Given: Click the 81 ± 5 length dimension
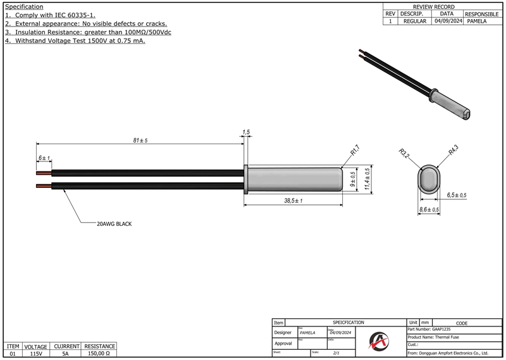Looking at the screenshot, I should [140, 140].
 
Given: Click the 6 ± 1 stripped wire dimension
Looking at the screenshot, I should [44, 157].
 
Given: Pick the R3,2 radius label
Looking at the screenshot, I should [404, 153].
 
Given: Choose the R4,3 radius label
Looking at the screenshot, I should [454, 151].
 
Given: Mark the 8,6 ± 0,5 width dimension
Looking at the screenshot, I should [429, 209].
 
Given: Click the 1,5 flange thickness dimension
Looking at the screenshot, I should [246, 132].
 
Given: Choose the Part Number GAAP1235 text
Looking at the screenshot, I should [430, 330].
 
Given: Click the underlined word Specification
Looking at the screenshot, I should [24, 6].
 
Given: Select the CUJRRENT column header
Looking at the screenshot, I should [66, 347].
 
